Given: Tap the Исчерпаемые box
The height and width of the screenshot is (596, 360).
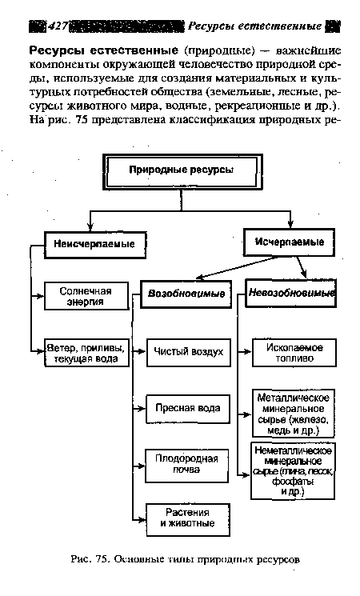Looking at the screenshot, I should [x=289, y=241].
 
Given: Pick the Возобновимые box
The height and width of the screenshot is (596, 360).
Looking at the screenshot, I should [x=185, y=294].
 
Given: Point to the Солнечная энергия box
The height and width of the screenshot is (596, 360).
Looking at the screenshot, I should [x=86, y=295].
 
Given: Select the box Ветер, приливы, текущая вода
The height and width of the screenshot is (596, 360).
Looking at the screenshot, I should [x=86, y=353].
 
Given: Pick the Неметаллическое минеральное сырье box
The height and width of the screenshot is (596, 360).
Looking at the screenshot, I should [x=293, y=470].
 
